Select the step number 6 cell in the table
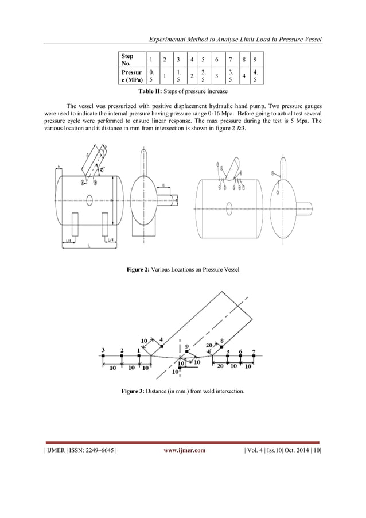tap(216, 60)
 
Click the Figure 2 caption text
tap(182, 269)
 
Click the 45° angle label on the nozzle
tap(102, 169)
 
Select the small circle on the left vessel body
tap(89, 200)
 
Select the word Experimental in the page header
tap(172, 39)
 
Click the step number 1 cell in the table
tap(150, 60)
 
